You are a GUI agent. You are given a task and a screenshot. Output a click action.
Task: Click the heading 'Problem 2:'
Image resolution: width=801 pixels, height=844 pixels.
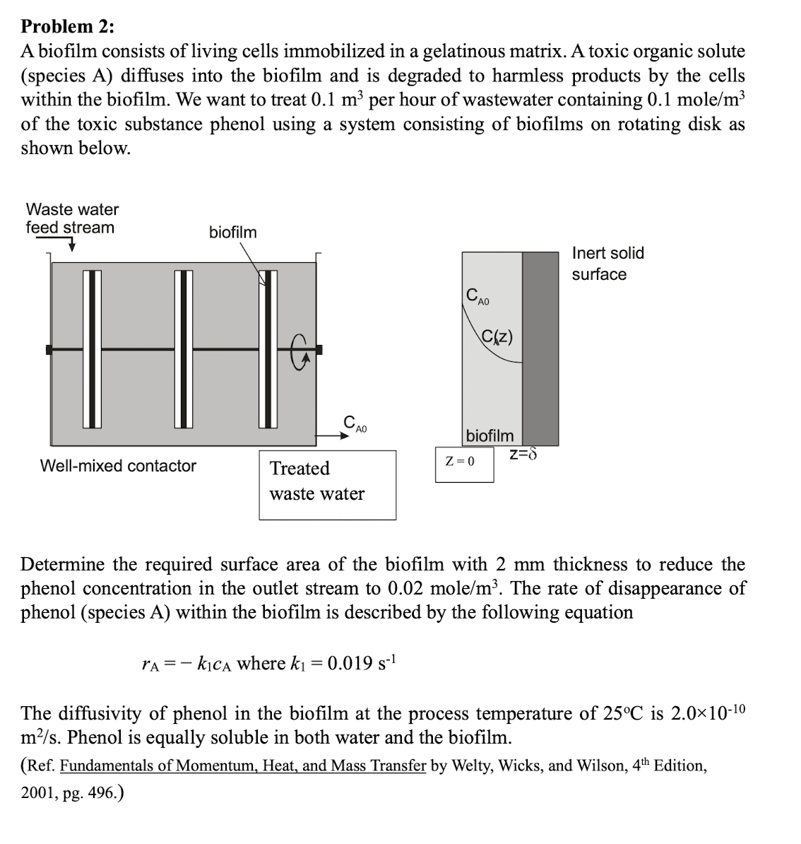[67, 26]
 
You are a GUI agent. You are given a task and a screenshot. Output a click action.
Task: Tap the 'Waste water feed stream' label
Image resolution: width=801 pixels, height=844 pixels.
[72, 218]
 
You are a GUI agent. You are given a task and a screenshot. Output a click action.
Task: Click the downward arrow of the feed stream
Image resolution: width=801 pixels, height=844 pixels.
[71, 245]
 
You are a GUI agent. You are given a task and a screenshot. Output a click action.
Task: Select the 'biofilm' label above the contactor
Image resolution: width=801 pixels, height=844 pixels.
[232, 232]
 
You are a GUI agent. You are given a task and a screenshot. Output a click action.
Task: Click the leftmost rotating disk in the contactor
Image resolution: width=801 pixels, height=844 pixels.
[92, 349]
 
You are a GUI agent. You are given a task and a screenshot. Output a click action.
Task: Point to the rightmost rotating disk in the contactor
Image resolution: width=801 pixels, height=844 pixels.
[268, 349]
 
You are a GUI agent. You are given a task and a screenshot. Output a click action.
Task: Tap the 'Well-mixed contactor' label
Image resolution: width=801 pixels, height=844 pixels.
[118, 466]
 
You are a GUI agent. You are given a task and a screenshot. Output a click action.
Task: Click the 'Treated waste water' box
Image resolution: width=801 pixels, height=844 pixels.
[327, 485]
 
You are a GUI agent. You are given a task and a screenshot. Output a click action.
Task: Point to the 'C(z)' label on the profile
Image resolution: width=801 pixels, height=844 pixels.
[498, 336]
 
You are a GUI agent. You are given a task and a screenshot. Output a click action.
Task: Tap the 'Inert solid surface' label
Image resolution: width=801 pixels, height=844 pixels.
[607, 263]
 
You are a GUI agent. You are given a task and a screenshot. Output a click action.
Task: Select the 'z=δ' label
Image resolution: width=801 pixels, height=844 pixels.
[523, 453]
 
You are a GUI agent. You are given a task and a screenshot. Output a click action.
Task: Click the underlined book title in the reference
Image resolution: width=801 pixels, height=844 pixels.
[243, 766]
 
